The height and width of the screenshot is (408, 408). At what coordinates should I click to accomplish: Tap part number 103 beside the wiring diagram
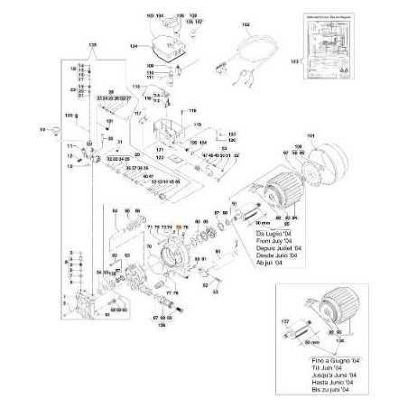coord(292,60)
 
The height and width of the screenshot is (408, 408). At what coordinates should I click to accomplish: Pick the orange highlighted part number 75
coord(179,227)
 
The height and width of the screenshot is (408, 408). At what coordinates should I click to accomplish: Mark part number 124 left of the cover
coord(134,44)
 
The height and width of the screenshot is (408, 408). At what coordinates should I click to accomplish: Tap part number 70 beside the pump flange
coord(151,246)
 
